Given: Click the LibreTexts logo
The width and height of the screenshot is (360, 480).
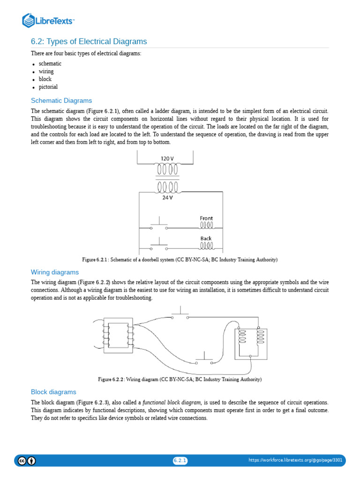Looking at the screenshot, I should coord(48,20).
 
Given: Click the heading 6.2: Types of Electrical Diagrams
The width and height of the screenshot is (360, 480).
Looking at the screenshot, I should coord(89,41).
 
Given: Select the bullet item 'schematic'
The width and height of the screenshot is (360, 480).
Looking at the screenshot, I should coord(50,64).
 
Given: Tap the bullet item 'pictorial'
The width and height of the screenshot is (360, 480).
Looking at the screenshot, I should coord(48,87).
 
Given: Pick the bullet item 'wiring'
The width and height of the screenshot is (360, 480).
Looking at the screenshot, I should coord(46,72).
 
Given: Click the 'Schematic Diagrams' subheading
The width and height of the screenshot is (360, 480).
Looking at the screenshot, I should coord(61,100).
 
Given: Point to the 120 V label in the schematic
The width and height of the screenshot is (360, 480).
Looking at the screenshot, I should coord(167,158).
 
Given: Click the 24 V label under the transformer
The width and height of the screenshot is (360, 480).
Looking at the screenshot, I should coord(167,197).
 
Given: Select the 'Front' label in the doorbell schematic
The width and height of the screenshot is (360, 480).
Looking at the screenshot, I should coord(206,218).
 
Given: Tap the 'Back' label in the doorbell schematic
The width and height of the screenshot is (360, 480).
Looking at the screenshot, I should coord(206,238).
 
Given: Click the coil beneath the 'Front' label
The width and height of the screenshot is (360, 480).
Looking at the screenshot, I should coord(206,225).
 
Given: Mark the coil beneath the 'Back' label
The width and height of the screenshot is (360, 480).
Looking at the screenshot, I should coord(206,246).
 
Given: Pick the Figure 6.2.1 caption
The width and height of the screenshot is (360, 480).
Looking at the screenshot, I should coord(180,260).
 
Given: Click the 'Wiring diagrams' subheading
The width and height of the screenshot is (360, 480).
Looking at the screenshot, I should coord(55,272).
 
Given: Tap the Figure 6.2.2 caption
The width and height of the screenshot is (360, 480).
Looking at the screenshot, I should coord(180,379).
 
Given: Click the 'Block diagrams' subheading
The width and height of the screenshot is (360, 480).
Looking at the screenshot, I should coord(53,392).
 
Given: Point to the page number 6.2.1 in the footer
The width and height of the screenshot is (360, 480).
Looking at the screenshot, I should coord(180,460).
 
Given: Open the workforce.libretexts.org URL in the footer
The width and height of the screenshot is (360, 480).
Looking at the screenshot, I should coord(295,460).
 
